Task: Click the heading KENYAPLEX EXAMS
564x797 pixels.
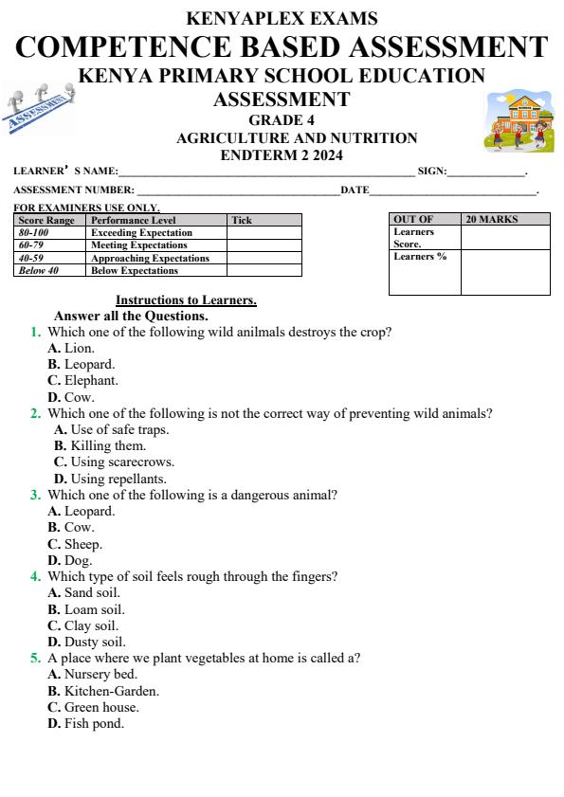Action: (282, 18)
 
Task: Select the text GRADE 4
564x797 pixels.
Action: (282, 120)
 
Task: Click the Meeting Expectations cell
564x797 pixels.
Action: (139, 245)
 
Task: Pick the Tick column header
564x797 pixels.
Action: (243, 221)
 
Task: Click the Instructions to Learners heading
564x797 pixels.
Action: (186, 300)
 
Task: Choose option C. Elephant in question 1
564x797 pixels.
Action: (83, 381)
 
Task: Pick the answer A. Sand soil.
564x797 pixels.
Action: (84, 593)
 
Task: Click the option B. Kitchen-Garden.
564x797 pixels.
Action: (103, 691)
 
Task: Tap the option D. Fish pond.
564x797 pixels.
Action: (86, 724)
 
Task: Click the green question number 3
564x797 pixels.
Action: (35, 495)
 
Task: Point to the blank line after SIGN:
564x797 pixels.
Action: (485, 173)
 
